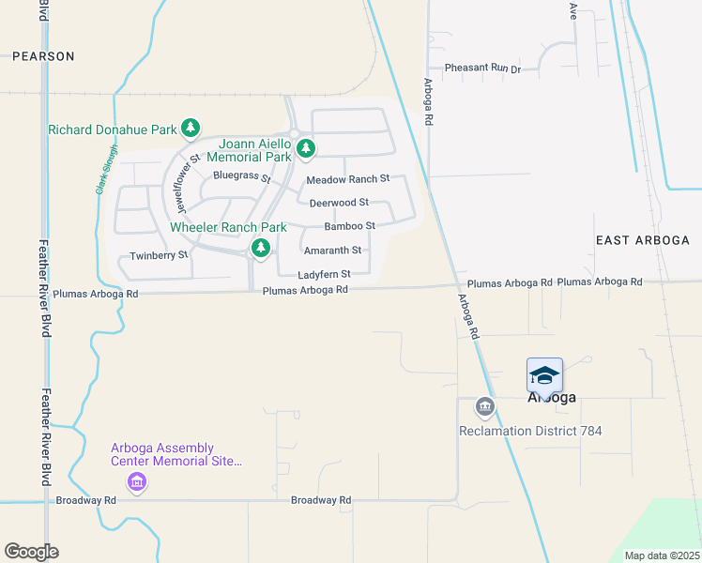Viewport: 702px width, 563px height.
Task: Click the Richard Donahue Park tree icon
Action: (191, 127)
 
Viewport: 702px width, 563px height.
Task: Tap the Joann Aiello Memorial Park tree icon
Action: (305, 148)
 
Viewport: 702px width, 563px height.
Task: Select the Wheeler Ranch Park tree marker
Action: (261, 249)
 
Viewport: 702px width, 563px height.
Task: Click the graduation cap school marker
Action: (544, 375)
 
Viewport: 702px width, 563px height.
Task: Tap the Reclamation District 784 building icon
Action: (484, 406)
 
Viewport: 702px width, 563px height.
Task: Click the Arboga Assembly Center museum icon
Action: (137, 482)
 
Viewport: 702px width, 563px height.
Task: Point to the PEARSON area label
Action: (43, 56)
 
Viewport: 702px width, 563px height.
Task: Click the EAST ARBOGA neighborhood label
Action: (643, 241)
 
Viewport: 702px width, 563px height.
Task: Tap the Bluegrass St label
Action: (241, 175)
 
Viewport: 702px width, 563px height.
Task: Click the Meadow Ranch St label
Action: (347, 179)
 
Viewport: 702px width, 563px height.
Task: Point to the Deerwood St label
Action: (339, 203)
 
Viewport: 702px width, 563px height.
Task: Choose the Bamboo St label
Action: (349, 226)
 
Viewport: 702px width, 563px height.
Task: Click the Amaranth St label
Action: (332, 251)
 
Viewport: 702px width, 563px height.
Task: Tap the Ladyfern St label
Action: (324, 274)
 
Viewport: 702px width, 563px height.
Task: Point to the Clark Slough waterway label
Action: (106, 169)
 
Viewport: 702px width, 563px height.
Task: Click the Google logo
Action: (31, 552)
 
